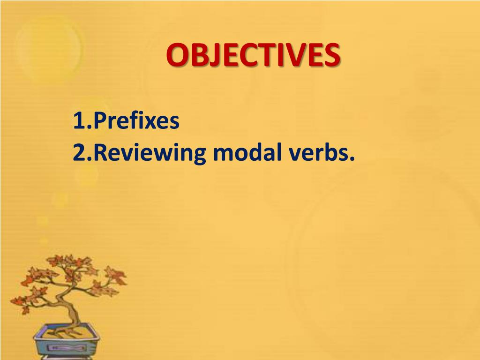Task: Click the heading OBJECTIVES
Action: click(253, 55)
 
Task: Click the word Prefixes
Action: click(136, 121)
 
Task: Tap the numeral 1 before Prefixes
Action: click(78, 121)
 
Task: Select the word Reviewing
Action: click(150, 153)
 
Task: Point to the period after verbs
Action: click(352, 159)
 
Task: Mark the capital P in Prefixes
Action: click(100, 121)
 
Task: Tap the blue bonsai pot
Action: click(66, 345)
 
